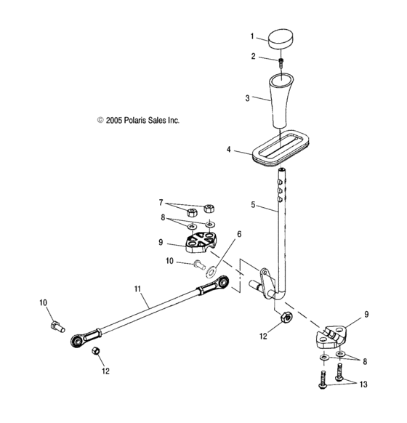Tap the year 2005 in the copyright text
point(115,121)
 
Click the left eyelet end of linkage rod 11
point(76,339)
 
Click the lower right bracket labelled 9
point(331,338)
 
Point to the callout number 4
point(228,150)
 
